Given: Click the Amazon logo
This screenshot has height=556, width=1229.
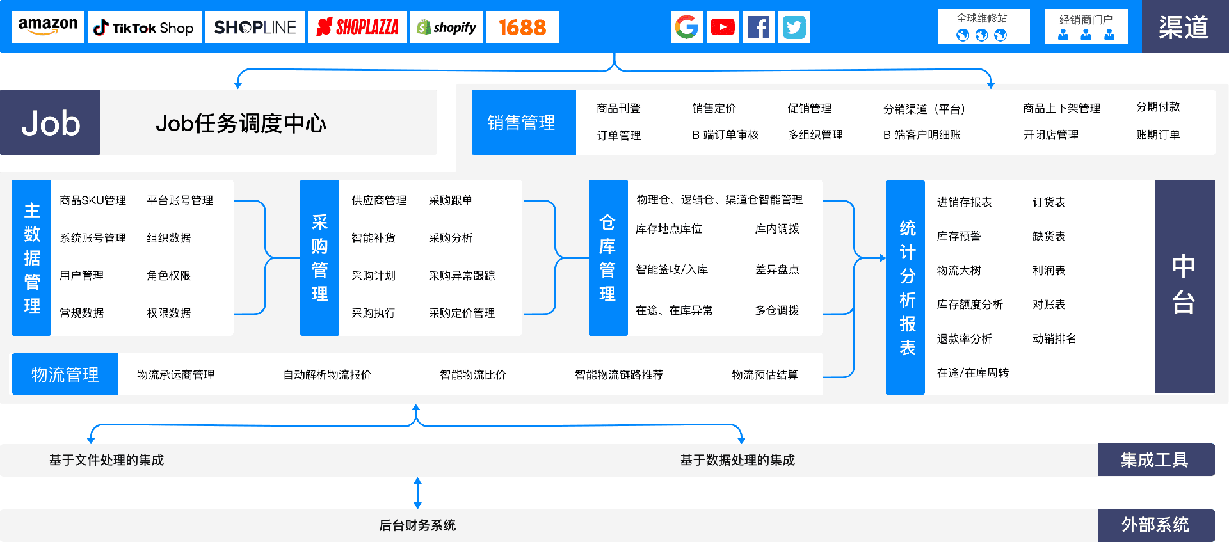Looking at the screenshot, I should (x=48, y=27).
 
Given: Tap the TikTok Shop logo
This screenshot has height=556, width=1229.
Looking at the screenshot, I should (x=145, y=28).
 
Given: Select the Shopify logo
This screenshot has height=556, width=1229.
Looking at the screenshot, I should (x=447, y=28).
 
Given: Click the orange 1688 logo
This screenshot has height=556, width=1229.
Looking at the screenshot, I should (x=522, y=28).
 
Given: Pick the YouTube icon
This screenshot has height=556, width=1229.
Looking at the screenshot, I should (x=722, y=27).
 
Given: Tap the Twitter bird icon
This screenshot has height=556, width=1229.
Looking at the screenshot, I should (x=794, y=27).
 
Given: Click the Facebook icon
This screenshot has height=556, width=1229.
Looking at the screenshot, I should (x=758, y=27).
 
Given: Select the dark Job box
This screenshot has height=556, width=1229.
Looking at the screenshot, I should (x=51, y=123).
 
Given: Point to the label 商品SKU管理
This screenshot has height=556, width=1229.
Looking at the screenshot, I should (x=93, y=201).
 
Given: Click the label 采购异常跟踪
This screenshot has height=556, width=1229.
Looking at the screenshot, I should (x=462, y=276).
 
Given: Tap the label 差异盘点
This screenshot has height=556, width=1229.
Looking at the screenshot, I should (x=777, y=270).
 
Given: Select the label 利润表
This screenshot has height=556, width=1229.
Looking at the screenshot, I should (x=1048, y=271).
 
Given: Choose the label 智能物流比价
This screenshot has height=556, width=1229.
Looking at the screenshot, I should (x=472, y=375).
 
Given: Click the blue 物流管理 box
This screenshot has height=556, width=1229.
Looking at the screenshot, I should (x=65, y=374).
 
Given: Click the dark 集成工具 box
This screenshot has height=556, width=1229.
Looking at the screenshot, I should (x=1155, y=460).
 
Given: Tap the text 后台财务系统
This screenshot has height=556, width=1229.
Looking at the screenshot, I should (x=417, y=525).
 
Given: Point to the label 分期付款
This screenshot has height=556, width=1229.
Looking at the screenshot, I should (x=1157, y=107).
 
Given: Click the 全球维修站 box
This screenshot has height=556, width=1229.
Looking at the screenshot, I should (x=983, y=27).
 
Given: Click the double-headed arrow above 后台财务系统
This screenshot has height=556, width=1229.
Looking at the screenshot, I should (x=417, y=493).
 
